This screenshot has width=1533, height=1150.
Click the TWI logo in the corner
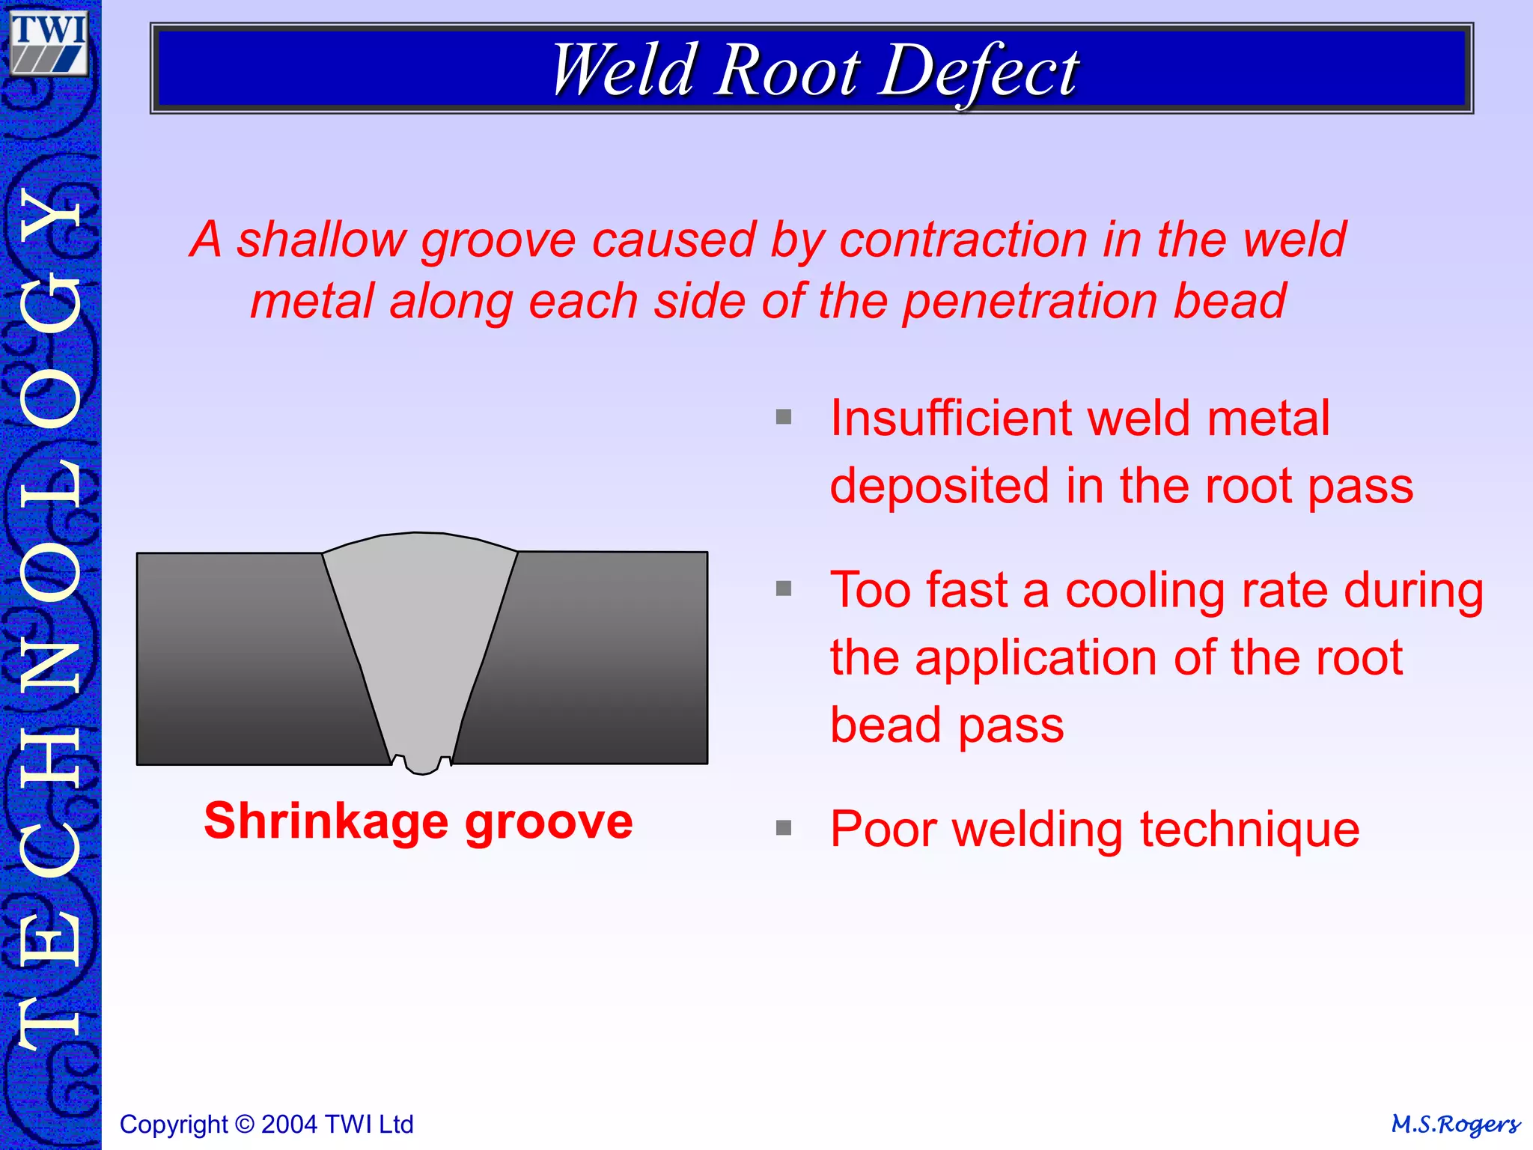point(49,43)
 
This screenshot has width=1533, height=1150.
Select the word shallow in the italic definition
point(321,241)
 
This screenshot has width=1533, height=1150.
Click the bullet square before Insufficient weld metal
point(784,417)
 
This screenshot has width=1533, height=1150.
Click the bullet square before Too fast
point(784,588)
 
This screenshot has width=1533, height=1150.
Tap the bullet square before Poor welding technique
point(784,827)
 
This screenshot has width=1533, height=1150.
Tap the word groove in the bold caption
point(549,822)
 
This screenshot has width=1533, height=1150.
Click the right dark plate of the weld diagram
point(599,659)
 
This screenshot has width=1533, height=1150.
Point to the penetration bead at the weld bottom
point(422,764)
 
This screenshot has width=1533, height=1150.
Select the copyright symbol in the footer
point(244,1125)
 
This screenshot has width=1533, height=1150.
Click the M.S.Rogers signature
point(1455,1125)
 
